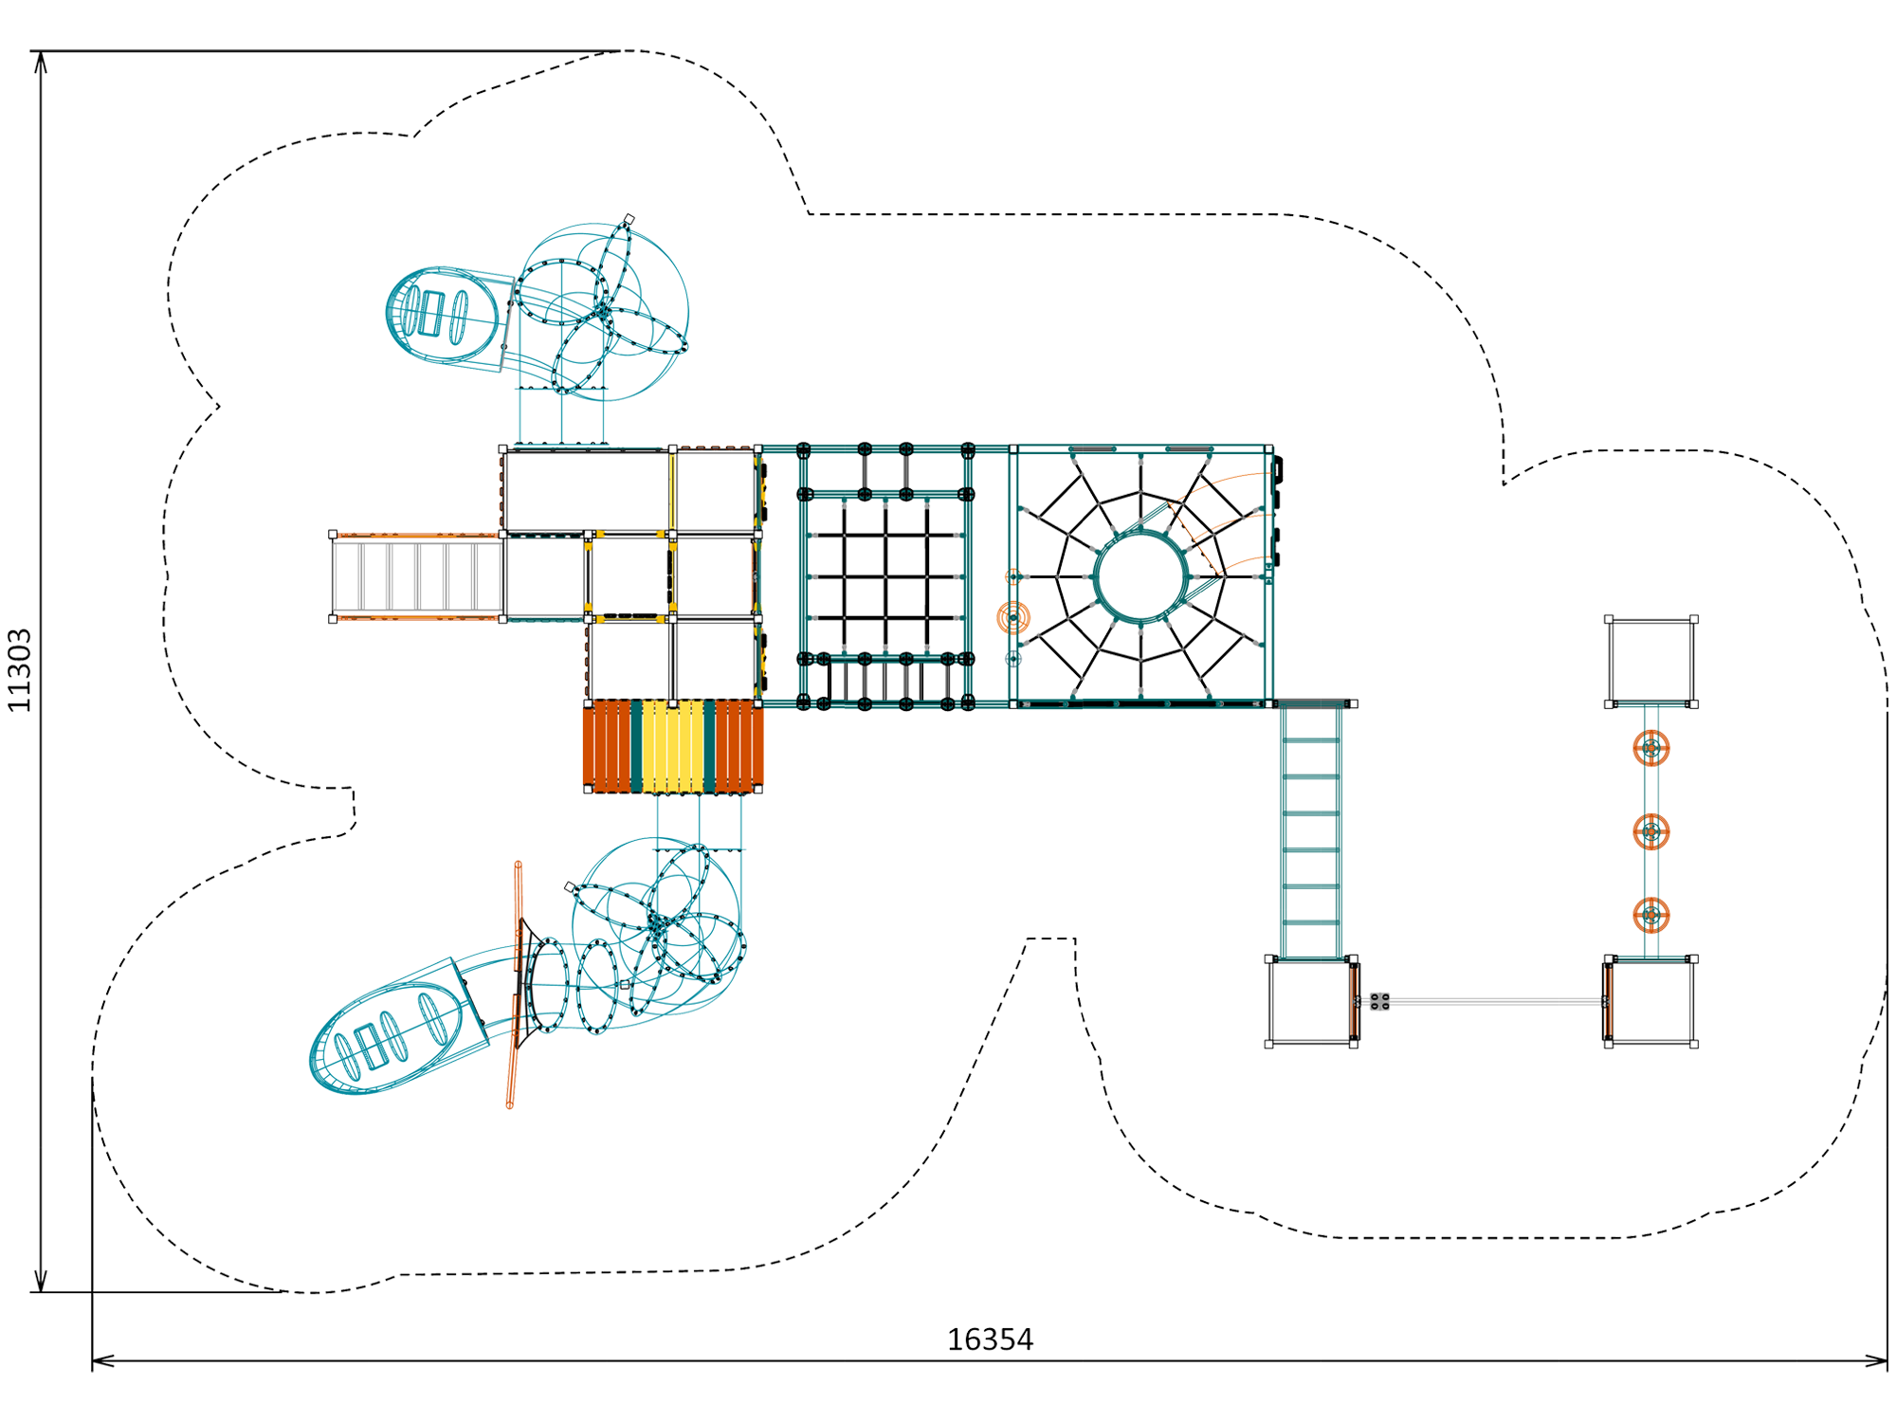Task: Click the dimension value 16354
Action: [990, 1340]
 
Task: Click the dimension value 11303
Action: [20, 669]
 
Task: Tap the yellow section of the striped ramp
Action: [672, 746]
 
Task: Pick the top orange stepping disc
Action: [1650, 748]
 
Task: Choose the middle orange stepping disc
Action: [1650, 831]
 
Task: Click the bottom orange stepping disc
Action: [1650, 915]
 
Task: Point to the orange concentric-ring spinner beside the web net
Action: [1013, 617]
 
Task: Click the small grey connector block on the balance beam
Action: [1379, 1001]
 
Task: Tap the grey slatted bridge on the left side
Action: [417, 576]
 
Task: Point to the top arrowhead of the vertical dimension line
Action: [41, 62]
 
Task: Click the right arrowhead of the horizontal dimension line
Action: [1876, 1361]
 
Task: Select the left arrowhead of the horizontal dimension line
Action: [103, 1361]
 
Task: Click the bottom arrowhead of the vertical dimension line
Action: [41, 1281]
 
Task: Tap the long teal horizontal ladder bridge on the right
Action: [1311, 831]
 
